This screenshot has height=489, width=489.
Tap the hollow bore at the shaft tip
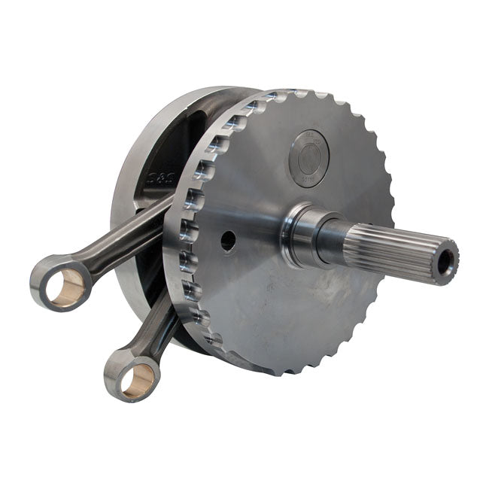[445, 261]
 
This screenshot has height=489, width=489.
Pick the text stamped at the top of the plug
[309, 135]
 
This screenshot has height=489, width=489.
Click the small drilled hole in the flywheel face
[228, 241]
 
